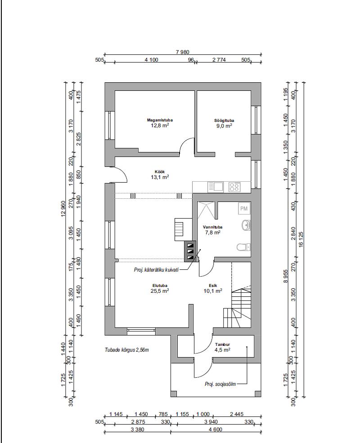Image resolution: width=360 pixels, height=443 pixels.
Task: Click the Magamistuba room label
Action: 160,120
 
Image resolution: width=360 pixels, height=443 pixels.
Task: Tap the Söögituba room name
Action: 224,121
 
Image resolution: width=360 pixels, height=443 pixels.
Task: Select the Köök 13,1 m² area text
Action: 160,177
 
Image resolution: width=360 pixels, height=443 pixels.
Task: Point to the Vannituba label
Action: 212,227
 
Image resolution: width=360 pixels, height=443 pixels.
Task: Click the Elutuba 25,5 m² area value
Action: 160,291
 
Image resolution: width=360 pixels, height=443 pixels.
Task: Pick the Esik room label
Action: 213,286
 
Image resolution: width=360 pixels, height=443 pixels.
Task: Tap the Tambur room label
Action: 222,345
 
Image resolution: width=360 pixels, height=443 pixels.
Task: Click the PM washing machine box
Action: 244,209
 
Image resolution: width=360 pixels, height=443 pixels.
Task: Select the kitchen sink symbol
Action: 216,187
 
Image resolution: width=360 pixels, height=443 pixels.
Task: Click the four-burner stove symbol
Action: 234,187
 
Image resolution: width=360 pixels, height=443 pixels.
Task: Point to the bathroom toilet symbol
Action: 243,247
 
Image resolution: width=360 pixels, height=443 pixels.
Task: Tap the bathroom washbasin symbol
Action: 246,225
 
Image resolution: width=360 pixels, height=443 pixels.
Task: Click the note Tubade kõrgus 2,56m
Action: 127,350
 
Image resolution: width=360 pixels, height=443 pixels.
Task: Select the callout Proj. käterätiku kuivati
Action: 156,270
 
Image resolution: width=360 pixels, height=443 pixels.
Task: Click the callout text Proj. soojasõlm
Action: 220,384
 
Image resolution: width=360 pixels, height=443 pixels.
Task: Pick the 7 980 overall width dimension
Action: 183,52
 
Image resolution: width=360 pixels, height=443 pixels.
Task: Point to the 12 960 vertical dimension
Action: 63,209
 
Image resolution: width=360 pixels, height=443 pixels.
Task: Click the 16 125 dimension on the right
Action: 301,240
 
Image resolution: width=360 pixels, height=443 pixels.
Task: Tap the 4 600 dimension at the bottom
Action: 216,430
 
